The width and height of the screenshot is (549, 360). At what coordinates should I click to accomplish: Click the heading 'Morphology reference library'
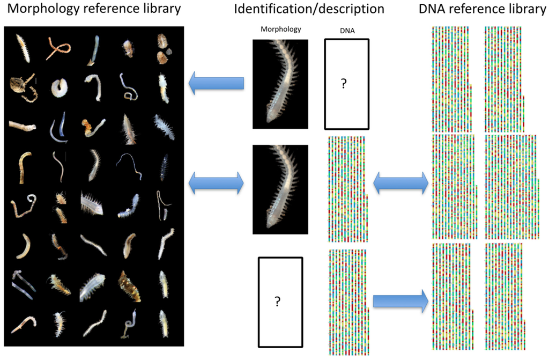(x=92, y=9)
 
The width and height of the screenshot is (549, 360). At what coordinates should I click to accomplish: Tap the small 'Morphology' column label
(x=280, y=30)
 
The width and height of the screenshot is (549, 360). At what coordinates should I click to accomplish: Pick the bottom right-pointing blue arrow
(x=399, y=301)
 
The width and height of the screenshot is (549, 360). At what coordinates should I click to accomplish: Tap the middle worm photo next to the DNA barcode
(x=280, y=189)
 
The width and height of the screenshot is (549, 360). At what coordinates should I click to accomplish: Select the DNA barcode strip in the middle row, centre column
(x=346, y=189)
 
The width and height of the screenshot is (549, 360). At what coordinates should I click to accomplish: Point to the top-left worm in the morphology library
(x=23, y=48)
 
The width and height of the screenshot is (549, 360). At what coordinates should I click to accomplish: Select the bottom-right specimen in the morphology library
(x=164, y=324)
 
